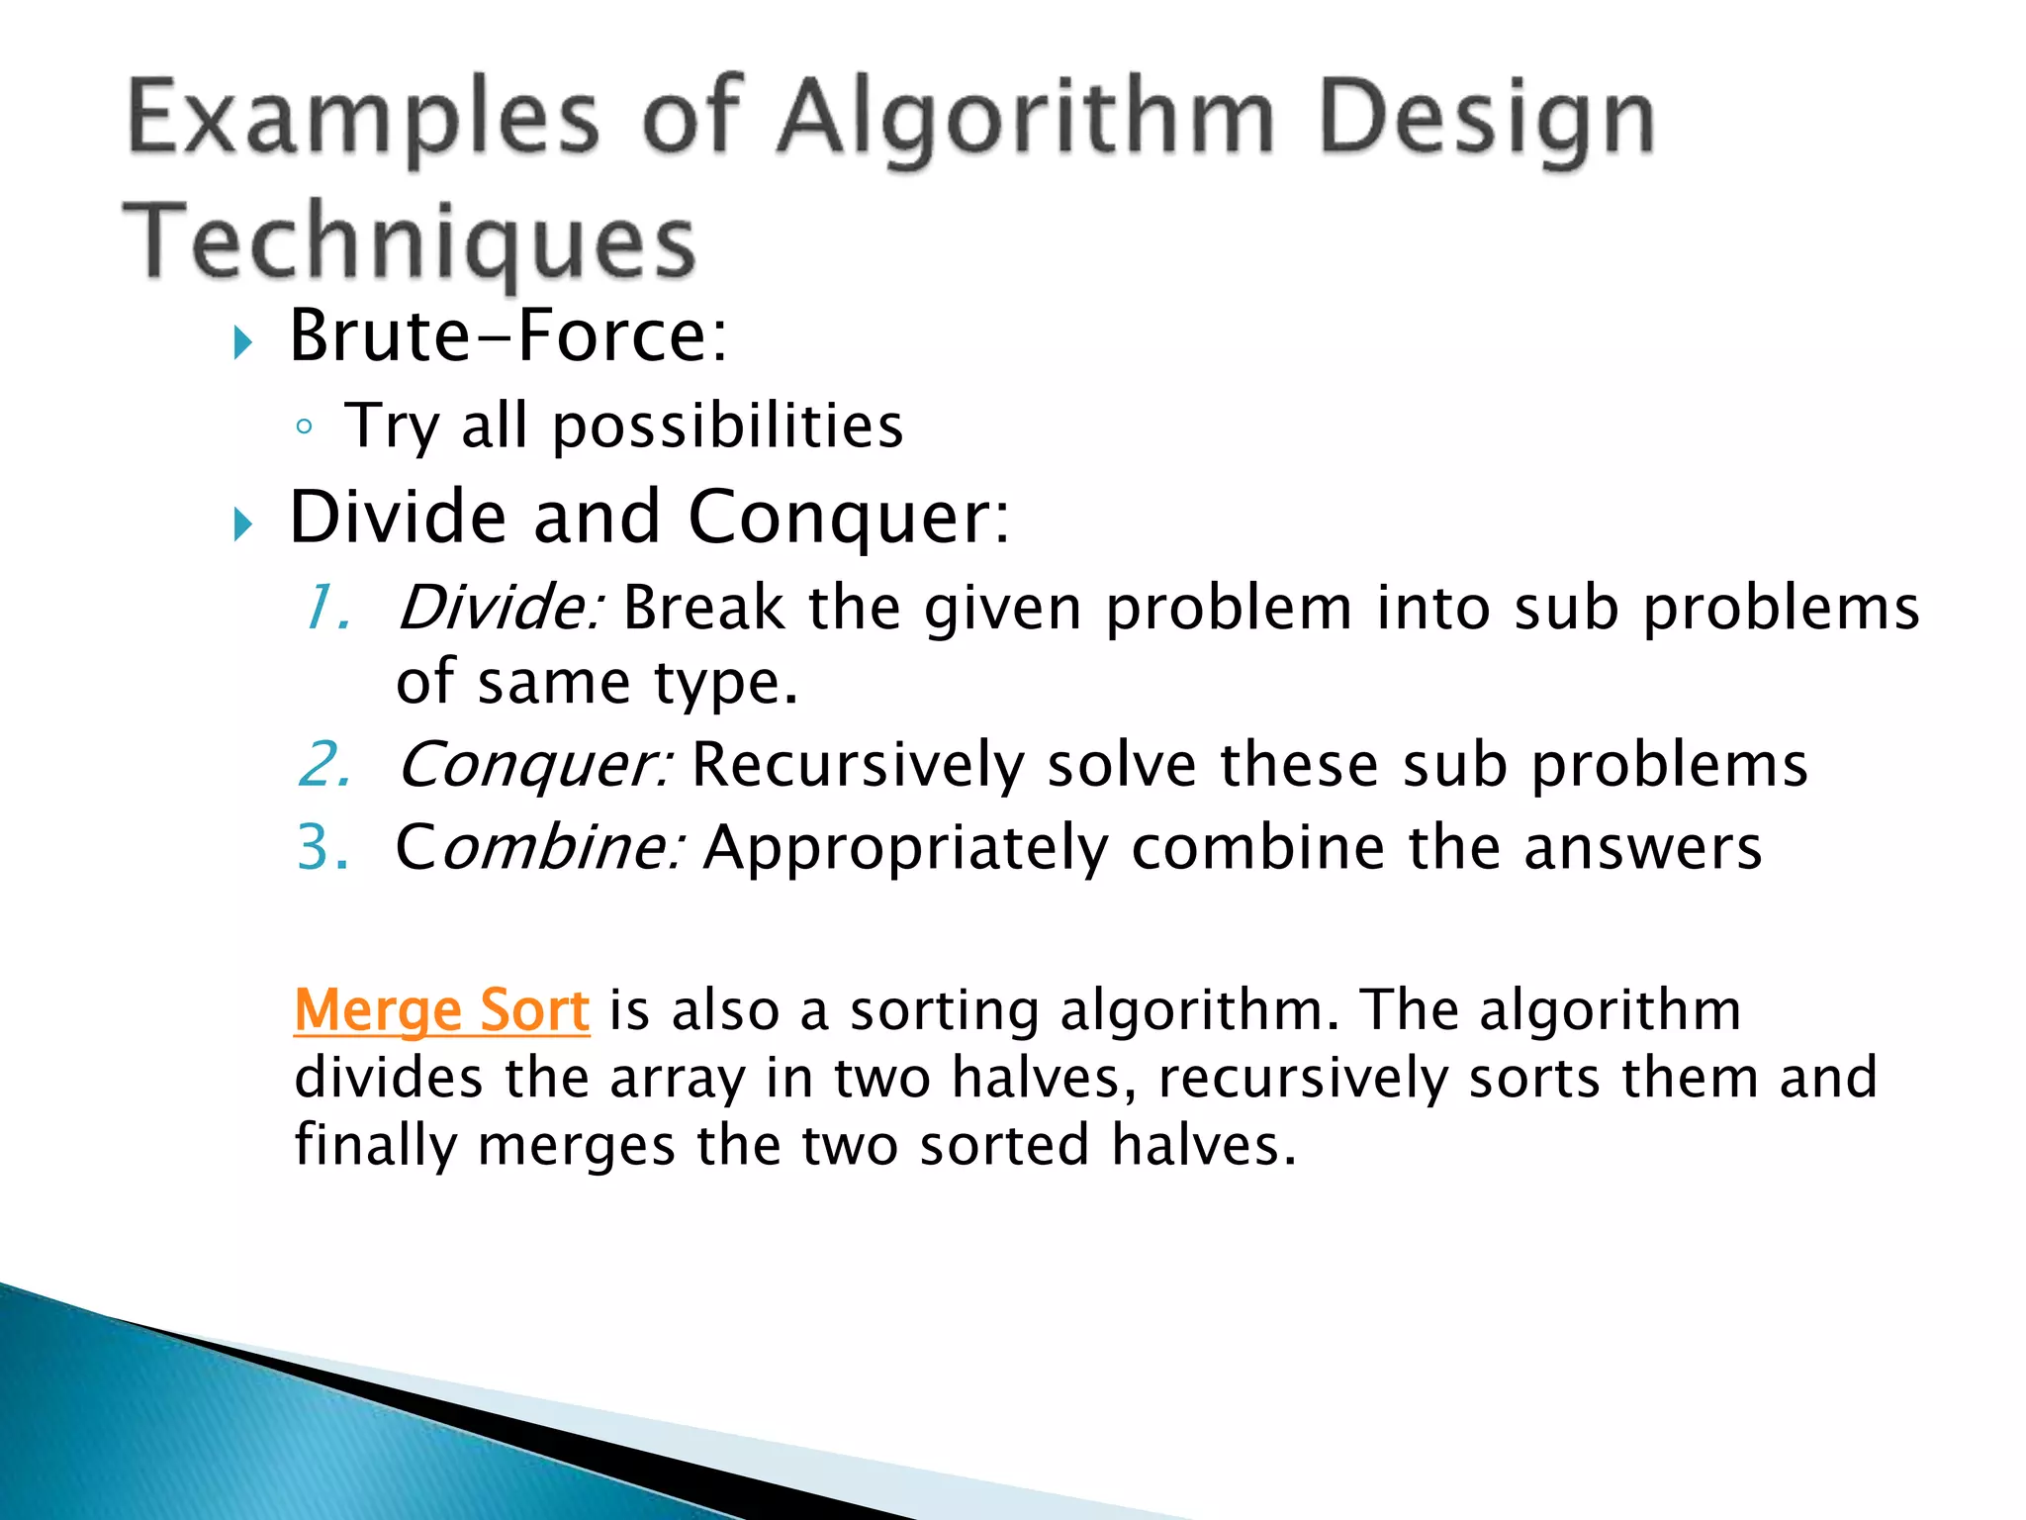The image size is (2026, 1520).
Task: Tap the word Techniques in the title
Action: click(410, 241)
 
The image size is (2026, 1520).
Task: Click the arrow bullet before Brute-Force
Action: click(242, 343)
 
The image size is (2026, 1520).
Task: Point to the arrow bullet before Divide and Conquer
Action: click(242, 523)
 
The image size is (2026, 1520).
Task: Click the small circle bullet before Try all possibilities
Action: click(305, 427)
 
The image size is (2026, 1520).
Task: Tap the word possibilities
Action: click(727, 427)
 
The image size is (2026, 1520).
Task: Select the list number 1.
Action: click(325, 607)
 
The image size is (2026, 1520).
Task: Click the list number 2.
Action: click(323, 765)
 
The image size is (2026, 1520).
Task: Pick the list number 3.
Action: click(322, 847)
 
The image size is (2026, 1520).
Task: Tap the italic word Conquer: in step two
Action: click(535, 765)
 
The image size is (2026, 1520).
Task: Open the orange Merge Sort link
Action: click(442, 1010)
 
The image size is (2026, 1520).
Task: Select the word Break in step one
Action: click(703, 607)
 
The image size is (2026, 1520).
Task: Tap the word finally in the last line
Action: click(376, 1146)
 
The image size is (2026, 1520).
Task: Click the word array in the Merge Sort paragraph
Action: click(678, 1079)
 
